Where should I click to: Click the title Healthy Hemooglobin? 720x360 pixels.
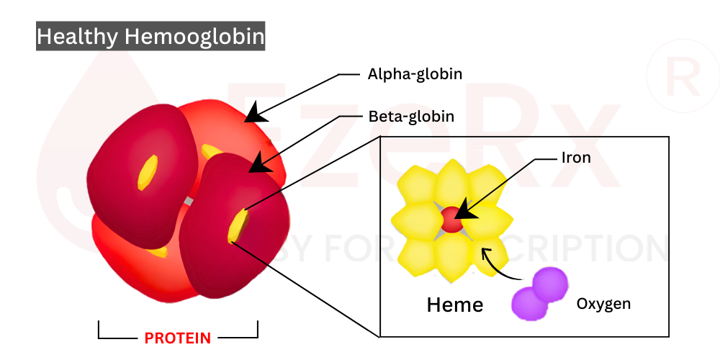pyautogui.click(x=150, y=36)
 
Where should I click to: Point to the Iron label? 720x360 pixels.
pyautogui.click(x=576, y=157)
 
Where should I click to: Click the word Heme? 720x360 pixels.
pyautogui.click(x=454, y=305)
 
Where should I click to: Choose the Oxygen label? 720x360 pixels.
pyautogui.click(x=603, y=304)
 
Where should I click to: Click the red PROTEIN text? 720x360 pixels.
pyautogui.click(x=178, y=338)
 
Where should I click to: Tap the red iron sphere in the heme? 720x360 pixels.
pyautogui.click(x=451, y=219)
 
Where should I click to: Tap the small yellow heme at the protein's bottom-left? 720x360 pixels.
pyautogui.click(x=161, y=252)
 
